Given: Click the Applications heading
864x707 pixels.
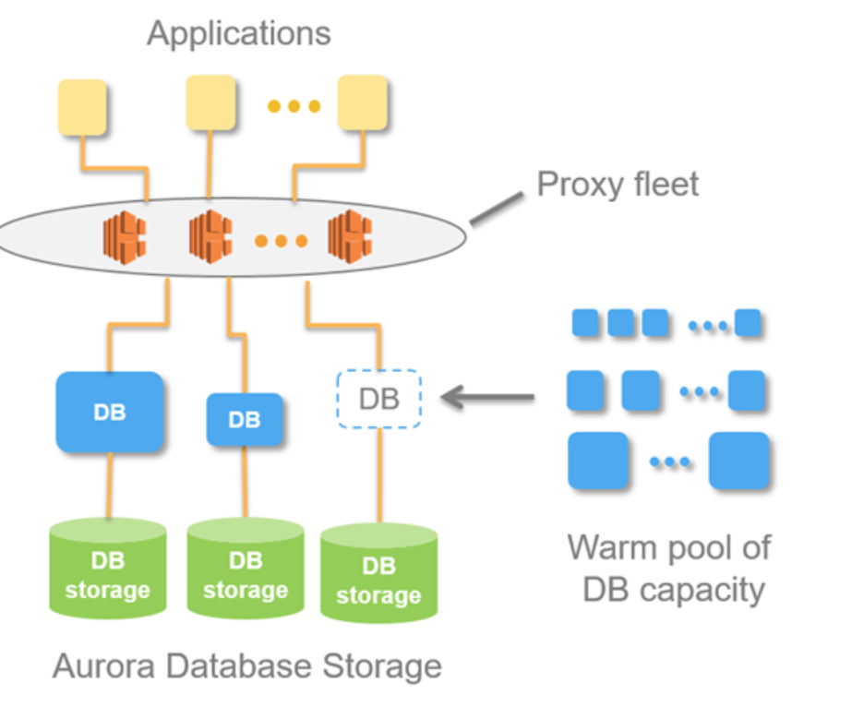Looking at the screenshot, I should coord(238,34).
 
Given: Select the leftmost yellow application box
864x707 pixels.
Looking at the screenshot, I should coord(82,107).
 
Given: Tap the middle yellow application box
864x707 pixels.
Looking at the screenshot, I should coord(210,102).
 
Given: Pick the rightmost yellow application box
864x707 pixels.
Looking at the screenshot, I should coord(362,102).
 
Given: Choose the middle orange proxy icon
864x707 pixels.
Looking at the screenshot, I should coord(210,236).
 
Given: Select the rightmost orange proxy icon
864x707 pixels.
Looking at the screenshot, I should coord(349,234).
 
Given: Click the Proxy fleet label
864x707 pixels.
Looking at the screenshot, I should coord(618,184).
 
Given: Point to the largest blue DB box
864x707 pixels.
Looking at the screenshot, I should coord(110,412).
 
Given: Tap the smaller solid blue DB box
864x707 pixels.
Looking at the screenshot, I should coord(244,420).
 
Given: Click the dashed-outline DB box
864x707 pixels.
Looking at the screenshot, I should coord(378,399).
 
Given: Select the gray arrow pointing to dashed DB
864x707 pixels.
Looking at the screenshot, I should coord(487,398).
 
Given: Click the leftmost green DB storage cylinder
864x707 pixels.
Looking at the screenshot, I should coord(108,569).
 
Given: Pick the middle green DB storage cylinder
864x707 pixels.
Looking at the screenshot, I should coord(245,569).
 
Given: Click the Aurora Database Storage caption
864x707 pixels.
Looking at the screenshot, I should coord(246,666).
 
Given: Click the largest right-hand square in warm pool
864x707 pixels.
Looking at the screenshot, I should coord(738,460).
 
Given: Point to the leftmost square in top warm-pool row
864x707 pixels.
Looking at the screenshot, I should coord(585,322).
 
